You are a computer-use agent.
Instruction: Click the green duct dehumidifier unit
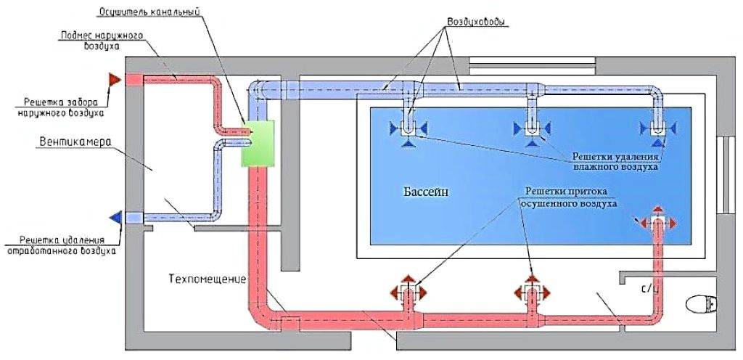pyautogui.click(x=259, y=143)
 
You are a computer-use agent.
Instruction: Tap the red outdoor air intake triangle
pyautogui.click(x=114, y=79)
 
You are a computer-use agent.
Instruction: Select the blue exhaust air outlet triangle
pyautogui.click(x=115, y=217)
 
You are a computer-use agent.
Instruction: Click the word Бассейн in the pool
pyautogui.click(x=427, y=192)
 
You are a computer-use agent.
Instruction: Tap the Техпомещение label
pyautogui.click(x=208, y=279)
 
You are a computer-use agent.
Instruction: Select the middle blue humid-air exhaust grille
pyautogui.click(x=533, y=129)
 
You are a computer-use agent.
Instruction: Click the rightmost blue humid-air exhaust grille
pyautogui.click(x=658, y=129)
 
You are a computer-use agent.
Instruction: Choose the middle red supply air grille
pyautogui.click(x=533, y=292)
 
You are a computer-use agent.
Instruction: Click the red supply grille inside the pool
pyautogui.click(x=657, y=221)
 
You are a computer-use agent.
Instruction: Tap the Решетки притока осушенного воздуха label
pyautogui.click(x=568, y=198)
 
